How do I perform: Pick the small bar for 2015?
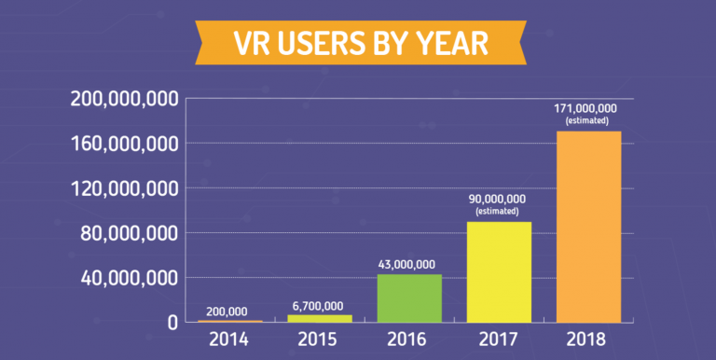pos(319,318)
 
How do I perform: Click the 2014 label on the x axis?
pos(229,339)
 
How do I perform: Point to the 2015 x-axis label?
pos(319,339)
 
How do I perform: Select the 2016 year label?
pos(409,339)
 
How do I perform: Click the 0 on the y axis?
pos(172,323)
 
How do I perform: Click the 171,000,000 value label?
pos(586,108)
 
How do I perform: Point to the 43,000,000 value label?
pos(409,264)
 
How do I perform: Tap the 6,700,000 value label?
pos(319,305)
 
